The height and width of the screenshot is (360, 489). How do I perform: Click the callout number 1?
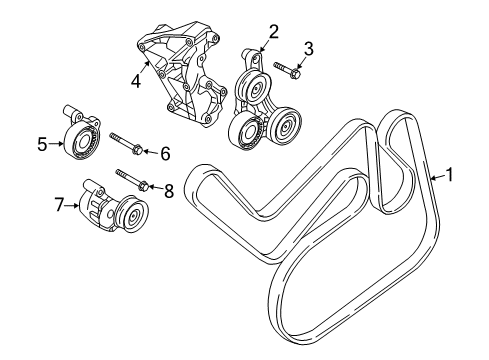pyautogui.click(x=450, y=176)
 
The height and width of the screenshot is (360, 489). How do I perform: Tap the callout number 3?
pyautogui.click(x=309, y=47)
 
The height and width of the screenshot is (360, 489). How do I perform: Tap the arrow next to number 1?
pyautogui.click(x=435, y=177)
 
